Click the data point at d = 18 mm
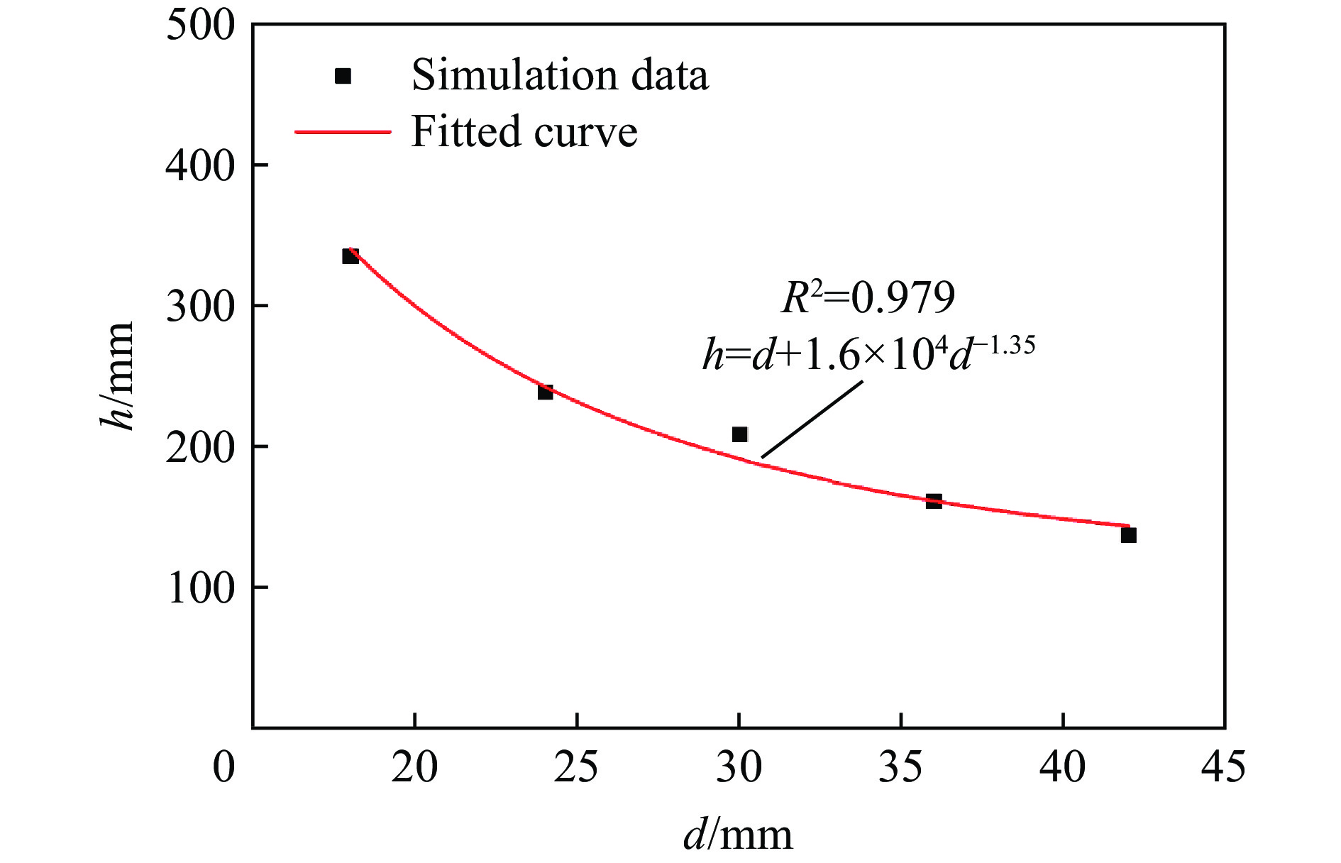[x=351, y=256]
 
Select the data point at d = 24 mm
[x=545, y=392]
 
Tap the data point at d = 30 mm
[x=739, y=434]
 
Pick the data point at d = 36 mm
[x=934, y=501]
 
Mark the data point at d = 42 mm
[x=1128, y=535]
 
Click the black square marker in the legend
[x=343, y=76]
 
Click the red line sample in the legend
[x=343, y=132]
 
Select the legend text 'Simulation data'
[x=560, y=75]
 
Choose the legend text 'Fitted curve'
[x=524, y=132]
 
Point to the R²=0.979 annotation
[x=868, y=297]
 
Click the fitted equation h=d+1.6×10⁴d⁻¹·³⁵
[x=868, y=353]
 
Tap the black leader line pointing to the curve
[x=812, y=419]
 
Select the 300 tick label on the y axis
[x=199, y=307]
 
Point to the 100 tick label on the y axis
[x=199, y=588]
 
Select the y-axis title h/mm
[x=118, y=375]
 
